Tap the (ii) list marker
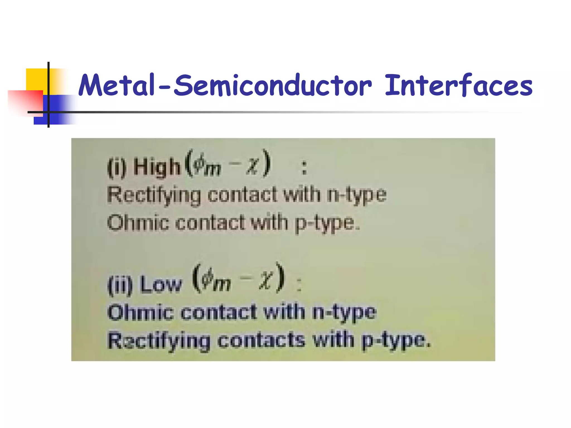pyautogui.click(x=120, y=285)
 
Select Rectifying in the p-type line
pyautogui.click(x=159, y=341)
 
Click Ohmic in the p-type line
pyautogui.click(x=138, y=223)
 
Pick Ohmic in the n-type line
pyautogui.click(x=140, y=312)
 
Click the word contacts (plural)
pyautogui.click(x=261, y=340)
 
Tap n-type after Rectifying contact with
pyautogui.click(x=357, y=195)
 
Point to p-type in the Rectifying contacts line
pyautogui.click(x=395, y=341)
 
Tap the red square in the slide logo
pyautogui.click(x=25, y=102)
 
